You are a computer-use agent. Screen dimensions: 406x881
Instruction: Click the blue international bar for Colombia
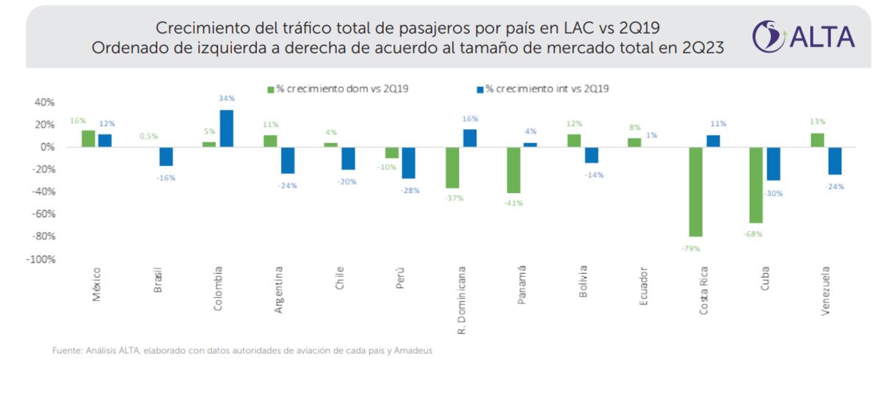pyautogui.click(x=226, y=128)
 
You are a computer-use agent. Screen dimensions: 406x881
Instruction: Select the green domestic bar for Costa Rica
pyautogui.click(x=695, y=192)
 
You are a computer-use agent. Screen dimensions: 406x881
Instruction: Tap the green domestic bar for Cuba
pyautogui.click(x=756, y=185)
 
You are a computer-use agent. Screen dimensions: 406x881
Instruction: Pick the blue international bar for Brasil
pyautogui.click(x=166, y=156)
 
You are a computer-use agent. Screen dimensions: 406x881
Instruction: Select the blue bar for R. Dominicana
pyautogui.click(x=468, y=138)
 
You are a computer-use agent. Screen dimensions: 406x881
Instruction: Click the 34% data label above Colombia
pyautogui.click(x=226, y=98)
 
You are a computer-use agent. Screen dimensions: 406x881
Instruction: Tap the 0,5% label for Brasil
pyautogui.click(x=149, y=136)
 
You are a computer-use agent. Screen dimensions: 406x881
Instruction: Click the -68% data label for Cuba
pyautogui.click(x=753, y=234)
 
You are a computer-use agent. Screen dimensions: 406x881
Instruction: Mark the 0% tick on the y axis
pyautogui.click(x=48, y=147)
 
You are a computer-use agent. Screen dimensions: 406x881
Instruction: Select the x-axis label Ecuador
pyautogui.click(x=644, y=287)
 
